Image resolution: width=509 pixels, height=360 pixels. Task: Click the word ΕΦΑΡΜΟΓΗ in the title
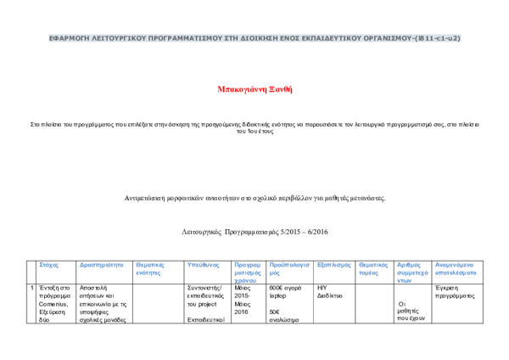[66, 38]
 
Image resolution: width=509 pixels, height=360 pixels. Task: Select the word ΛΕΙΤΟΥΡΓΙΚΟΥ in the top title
[116, 38]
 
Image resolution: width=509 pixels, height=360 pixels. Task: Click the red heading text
[255, 89]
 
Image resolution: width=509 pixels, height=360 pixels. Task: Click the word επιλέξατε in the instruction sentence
[142, 124]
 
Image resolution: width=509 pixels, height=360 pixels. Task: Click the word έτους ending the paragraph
[266, 132]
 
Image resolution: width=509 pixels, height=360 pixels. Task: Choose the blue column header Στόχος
[49, 265]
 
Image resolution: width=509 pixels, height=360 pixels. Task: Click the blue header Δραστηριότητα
[102, 265]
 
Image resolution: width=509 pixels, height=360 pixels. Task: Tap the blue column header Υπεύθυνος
[204, 265]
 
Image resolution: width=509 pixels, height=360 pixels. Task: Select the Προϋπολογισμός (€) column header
[288, 265]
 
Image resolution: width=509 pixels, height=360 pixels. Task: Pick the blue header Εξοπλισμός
[334, 265]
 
